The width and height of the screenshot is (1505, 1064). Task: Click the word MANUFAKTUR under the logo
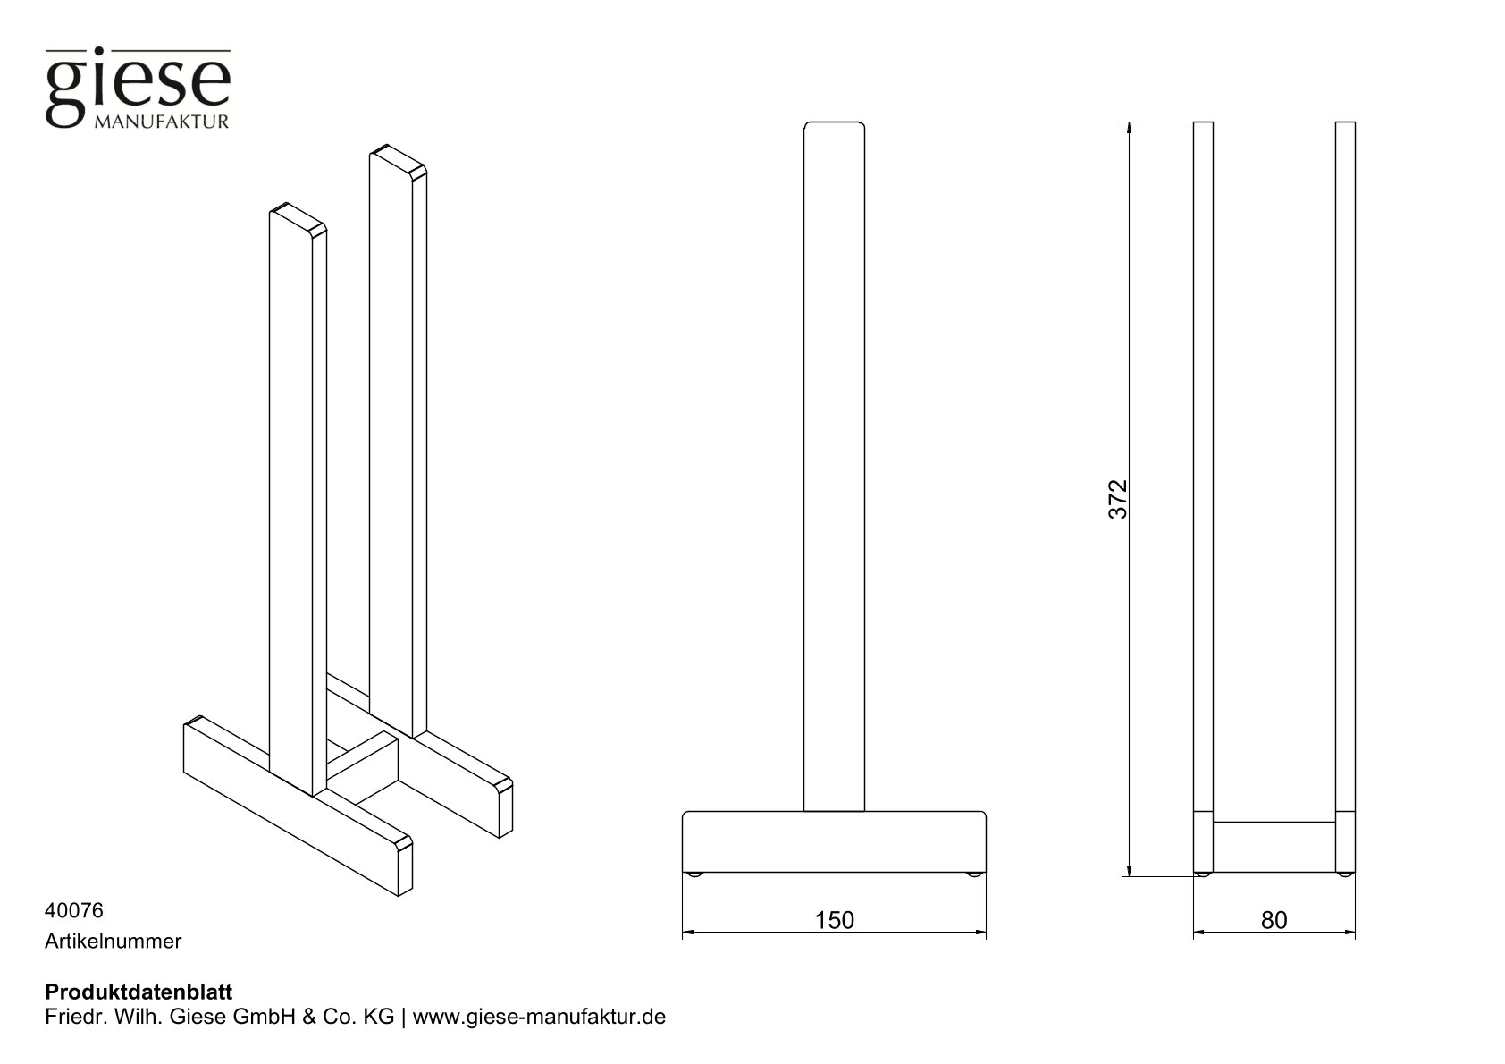click(x=161, y=122)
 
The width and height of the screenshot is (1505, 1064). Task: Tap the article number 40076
click(x=73, y=910)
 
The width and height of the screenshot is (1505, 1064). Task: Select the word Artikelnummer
click(x=113, y=941)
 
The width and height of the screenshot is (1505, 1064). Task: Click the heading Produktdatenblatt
click(x=138, y=992)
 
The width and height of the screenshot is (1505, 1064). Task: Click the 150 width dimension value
click(x=834, y=919)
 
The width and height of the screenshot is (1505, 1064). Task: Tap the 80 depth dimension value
click(x=1274, y=919)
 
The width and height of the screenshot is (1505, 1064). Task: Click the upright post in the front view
click(x=835, y=465)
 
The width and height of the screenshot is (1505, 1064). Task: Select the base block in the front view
click(x=834, y=840)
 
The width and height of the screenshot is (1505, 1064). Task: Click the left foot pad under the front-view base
click(x=696, y=874)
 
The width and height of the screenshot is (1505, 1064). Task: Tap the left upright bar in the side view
click(x=1203, y=465)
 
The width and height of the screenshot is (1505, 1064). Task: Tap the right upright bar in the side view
click(x=1345, y=465)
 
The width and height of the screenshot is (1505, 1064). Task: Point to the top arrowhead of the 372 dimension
click(x=1131, y=128)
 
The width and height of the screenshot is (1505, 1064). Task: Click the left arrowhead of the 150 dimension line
click(x=688, y=933)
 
